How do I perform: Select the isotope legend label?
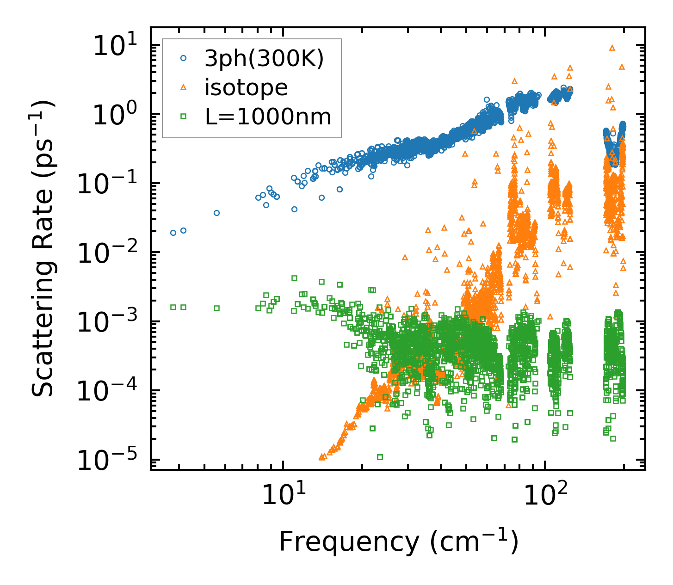(x=246, y=87)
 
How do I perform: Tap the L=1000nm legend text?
(x=268, y=117)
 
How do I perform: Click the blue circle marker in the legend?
(x=184, y=59)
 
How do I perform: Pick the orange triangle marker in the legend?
(x=184, y=87)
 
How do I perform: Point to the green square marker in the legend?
(x=184, y=117)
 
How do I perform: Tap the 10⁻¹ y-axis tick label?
(x=111, y=185)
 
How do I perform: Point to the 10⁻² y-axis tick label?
(x=111, y=253)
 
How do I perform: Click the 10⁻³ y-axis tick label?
(x=111, y=322)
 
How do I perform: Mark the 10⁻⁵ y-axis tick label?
(x=111, y=461)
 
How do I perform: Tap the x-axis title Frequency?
(x=398, y=542)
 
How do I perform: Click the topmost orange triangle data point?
(x=612, y=48)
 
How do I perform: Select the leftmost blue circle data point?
(x=173, y=233)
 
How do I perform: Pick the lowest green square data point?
(x=380, y=457)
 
